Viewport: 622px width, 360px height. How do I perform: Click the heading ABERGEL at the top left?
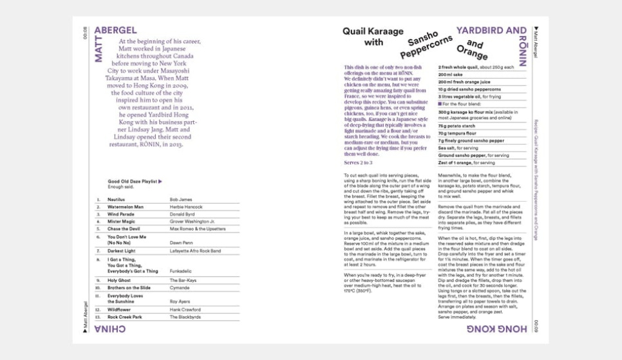point(115,30)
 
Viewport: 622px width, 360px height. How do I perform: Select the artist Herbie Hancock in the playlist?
point(186,207)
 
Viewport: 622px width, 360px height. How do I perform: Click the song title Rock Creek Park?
point(125,317)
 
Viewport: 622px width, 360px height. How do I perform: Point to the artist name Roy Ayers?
point(180,301)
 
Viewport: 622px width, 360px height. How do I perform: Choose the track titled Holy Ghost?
point(119,280)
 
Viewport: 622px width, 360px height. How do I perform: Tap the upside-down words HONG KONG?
point(496,330)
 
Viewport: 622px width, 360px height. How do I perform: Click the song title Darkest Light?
point(121,251)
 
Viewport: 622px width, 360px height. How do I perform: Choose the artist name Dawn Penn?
point(181,242)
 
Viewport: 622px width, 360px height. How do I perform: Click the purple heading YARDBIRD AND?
point(491,30)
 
